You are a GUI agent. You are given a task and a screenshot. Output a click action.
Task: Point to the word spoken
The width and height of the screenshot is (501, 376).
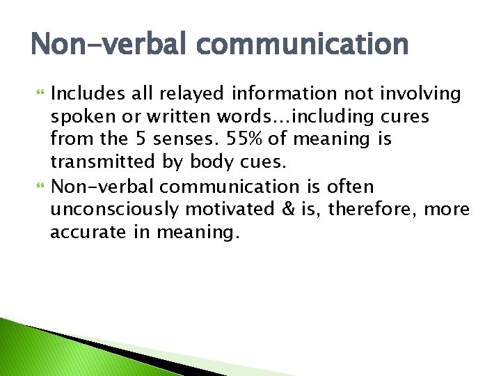(x=77, y=116)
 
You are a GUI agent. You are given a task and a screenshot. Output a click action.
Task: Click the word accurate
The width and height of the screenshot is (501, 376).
(x=83, y=232)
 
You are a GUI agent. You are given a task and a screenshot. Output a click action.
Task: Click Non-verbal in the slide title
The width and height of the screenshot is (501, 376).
(x=104, y=45)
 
